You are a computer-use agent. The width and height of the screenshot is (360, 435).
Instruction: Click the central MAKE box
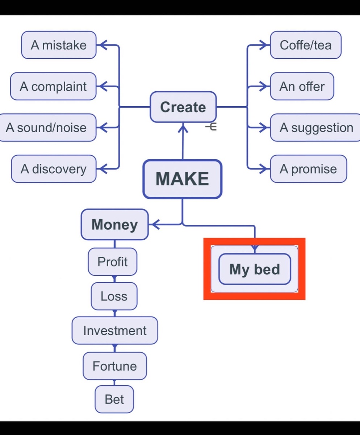point(182,179)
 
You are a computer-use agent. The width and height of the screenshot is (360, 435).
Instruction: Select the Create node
point(183,107)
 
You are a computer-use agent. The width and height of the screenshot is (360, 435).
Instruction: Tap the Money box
point(114,224)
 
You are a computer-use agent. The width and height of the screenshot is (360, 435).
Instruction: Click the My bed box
point(255,269)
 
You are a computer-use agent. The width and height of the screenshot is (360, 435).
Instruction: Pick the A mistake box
point(59,45)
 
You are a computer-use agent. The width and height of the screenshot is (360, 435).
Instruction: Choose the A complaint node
point(53,86)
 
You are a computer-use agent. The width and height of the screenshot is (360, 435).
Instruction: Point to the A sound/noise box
point(47,128)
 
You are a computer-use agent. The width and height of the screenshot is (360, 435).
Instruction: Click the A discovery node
point(54,169)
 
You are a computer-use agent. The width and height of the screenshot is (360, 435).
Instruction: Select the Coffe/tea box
point(305,45)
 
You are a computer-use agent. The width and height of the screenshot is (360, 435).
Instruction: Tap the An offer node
point(302,86)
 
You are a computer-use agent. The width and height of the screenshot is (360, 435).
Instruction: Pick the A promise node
point(308,169)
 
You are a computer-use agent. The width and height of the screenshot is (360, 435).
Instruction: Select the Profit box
point(113,262)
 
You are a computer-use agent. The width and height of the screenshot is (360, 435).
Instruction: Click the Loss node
point(114,296)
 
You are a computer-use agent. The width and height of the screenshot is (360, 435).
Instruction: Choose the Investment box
point(115,331)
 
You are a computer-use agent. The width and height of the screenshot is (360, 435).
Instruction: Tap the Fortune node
point(115,366)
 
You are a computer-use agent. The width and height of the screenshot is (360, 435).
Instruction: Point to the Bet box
point(114,399)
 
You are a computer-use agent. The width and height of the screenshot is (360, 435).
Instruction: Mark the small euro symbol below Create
point(211,127)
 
